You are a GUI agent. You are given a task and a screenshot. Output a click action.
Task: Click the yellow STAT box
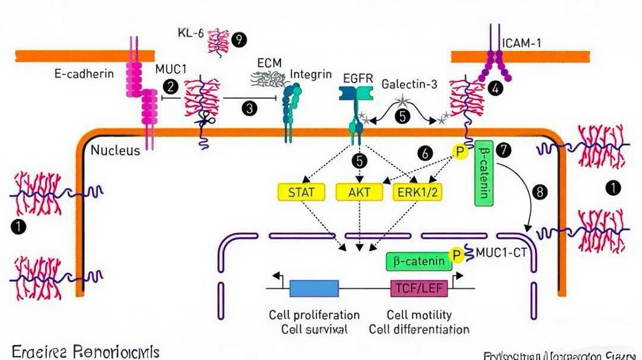coord(301,192)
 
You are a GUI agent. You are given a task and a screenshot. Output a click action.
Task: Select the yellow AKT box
coord(360,192)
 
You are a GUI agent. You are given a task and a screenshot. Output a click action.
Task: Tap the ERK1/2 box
coord(417,192)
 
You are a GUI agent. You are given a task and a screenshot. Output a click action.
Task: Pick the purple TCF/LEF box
coord(419,288)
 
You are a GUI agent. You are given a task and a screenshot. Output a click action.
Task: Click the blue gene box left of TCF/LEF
coord(314,288)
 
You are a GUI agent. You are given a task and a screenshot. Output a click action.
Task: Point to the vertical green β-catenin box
coord(484,173)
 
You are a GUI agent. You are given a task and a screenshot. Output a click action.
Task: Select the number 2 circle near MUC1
coord(171,87)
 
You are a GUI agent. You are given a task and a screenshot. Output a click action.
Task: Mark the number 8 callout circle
coord(540,192)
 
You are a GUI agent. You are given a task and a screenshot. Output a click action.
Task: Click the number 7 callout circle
coord(503,150)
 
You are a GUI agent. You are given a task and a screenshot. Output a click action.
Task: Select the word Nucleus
coord(115,150)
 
